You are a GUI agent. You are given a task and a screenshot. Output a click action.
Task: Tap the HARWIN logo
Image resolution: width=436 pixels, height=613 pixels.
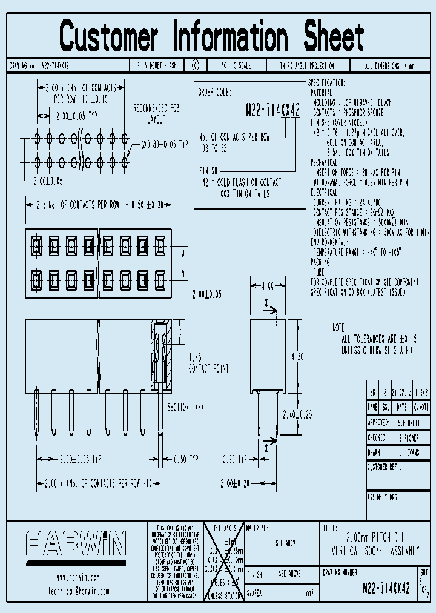76,543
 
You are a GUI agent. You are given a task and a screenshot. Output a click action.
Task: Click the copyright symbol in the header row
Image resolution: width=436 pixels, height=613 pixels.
195,65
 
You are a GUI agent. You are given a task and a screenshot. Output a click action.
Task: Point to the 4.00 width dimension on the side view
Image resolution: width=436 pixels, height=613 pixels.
268,283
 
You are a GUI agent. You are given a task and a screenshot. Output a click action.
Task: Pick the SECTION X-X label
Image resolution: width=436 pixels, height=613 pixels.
186,408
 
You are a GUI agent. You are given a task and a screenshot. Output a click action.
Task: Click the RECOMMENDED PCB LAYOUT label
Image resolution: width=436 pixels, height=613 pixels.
157,113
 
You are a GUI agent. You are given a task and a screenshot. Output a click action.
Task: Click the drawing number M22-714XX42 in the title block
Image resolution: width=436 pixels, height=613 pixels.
385,587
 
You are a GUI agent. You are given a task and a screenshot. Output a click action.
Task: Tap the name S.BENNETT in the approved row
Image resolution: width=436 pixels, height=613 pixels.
413,422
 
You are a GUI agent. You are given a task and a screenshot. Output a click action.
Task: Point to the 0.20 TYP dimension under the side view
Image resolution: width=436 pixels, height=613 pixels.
234,459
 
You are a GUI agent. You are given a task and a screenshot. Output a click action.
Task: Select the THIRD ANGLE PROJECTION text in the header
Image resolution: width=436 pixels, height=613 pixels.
306,65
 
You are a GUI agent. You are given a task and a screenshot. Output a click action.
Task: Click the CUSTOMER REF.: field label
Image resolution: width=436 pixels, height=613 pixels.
385,467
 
